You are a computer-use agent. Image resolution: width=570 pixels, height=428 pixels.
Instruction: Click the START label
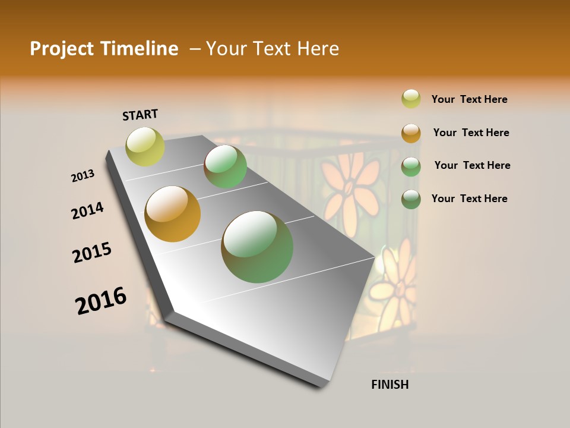140,115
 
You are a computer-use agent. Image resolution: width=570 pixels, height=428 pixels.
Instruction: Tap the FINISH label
389,385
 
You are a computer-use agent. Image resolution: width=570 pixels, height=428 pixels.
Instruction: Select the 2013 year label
83,176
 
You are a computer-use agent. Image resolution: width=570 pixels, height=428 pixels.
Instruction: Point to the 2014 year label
87,211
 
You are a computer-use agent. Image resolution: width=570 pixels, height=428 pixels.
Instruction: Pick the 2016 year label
101,301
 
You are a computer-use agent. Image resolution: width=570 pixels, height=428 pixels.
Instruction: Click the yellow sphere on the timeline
145,147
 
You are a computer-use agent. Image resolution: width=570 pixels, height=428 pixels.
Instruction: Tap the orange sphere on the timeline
173,214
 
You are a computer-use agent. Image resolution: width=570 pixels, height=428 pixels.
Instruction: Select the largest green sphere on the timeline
257,247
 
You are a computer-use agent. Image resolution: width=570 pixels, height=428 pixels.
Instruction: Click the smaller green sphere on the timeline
225,166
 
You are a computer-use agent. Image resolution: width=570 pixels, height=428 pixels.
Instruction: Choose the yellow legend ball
411,99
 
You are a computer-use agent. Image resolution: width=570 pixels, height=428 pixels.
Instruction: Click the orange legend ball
411,133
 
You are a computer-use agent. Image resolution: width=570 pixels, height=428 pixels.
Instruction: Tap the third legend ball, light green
411,166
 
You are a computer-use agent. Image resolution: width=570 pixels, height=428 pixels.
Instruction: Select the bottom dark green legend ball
411,199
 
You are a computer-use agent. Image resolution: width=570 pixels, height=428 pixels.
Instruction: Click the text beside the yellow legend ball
469,99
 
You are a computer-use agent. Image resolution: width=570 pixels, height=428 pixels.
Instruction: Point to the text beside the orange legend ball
471,133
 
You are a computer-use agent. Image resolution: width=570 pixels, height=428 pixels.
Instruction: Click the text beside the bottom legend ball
469,199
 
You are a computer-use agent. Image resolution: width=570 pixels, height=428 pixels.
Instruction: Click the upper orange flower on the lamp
350,181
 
